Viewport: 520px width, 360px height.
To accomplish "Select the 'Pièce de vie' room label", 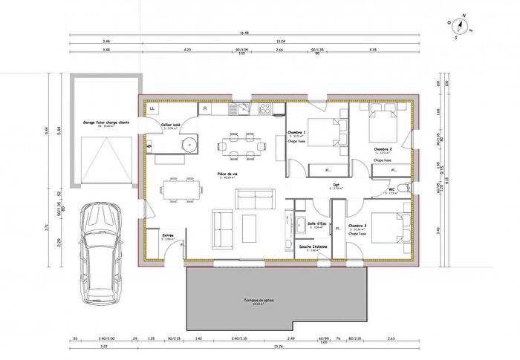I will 227,174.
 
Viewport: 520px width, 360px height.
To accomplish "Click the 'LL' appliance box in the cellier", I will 152,108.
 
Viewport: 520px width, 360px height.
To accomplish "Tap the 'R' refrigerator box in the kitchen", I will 204,108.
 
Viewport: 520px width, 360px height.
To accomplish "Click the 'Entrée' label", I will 168,235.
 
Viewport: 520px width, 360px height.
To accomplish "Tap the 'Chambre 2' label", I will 383,148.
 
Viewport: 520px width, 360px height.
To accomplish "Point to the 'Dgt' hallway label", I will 336,185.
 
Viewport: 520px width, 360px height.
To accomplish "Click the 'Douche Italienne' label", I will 315,246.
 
